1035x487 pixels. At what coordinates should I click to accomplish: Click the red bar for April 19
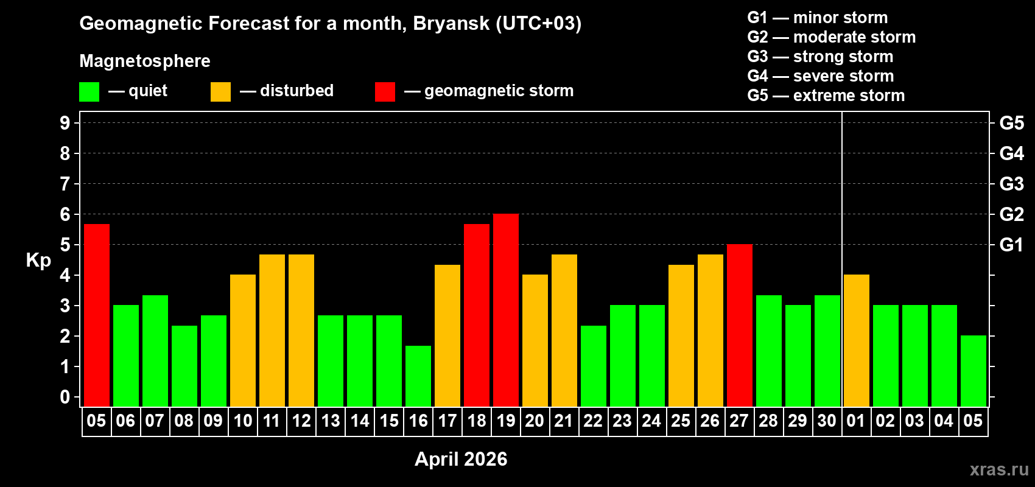tap(506, 310)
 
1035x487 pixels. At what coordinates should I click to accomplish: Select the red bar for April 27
tap(740, 325)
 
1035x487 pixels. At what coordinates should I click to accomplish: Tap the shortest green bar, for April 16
tap(418, 376)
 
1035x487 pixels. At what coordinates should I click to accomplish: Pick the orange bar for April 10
tap(243, 340)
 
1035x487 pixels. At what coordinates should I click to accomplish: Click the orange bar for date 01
tap(857, 340)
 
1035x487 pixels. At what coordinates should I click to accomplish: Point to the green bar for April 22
tap(594, 366)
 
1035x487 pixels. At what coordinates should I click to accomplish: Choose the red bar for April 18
tap(477, 315)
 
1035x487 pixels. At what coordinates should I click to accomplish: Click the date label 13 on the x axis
tap(331, 421)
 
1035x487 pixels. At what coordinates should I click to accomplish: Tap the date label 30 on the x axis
tap(827, 421)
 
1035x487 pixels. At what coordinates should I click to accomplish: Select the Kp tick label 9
tap(65, 123)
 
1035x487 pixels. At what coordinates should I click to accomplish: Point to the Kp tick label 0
tap(65, 398)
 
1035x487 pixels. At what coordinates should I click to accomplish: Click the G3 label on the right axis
tap(1011, 184)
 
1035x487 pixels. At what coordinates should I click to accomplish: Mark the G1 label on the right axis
tap(1011, 245)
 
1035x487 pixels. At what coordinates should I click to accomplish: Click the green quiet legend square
tap(89, 92)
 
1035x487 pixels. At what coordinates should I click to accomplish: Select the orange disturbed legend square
tap(220, 92)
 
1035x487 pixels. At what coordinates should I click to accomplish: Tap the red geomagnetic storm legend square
tap(385, 92)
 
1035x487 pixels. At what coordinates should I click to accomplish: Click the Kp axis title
tap(38, 260)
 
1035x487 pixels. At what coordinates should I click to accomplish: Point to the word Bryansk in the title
tap(451, 23)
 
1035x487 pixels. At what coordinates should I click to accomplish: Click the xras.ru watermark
tap(999, 469)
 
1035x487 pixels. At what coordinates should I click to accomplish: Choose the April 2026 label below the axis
tap(461, 459)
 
